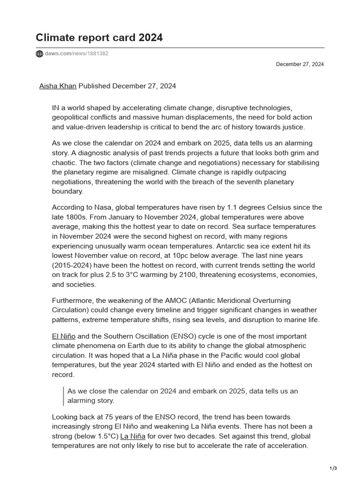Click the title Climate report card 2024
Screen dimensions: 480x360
tap(99, 37)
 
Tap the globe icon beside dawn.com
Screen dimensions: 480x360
tap(39, 54)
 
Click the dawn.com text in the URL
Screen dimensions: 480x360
tap(58, 54)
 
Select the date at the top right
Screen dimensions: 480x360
tap(300, 64)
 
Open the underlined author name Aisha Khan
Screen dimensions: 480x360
tap(58, 86)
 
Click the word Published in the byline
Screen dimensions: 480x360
tap(94, 86)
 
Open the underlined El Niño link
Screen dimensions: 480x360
tap(64, 336)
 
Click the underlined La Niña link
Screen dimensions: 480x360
tap(133, 436)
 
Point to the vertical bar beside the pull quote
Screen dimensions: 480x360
tap(63, 396)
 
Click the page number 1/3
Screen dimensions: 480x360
tap(334, 468)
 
